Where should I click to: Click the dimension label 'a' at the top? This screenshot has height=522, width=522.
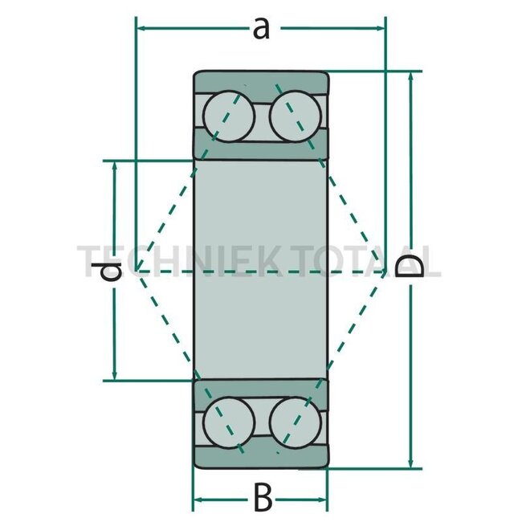point(260,29)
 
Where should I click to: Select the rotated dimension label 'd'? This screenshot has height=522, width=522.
point(112,271)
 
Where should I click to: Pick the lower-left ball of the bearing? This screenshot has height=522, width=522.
point(229,421)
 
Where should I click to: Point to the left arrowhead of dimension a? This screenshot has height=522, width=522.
point(141,28)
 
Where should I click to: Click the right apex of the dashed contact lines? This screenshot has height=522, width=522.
point(387,271)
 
